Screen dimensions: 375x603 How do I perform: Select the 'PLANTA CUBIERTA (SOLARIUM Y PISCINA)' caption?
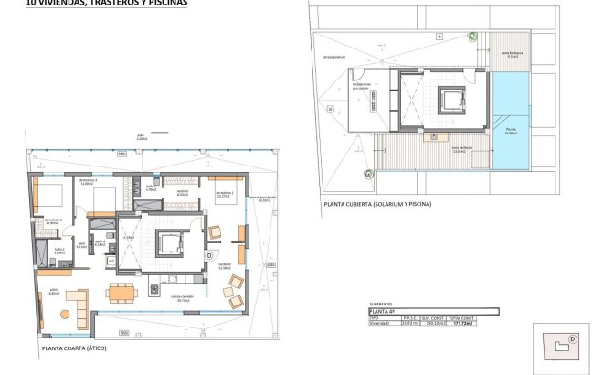377,203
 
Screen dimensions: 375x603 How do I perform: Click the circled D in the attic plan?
209,255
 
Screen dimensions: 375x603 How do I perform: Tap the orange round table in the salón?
65,315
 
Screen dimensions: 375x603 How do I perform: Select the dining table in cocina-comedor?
122,293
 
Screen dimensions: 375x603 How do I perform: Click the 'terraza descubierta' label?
266,199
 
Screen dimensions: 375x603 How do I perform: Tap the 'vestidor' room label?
182,193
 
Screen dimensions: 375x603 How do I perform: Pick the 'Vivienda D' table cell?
383,323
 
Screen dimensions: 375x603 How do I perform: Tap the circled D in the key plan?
572,337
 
